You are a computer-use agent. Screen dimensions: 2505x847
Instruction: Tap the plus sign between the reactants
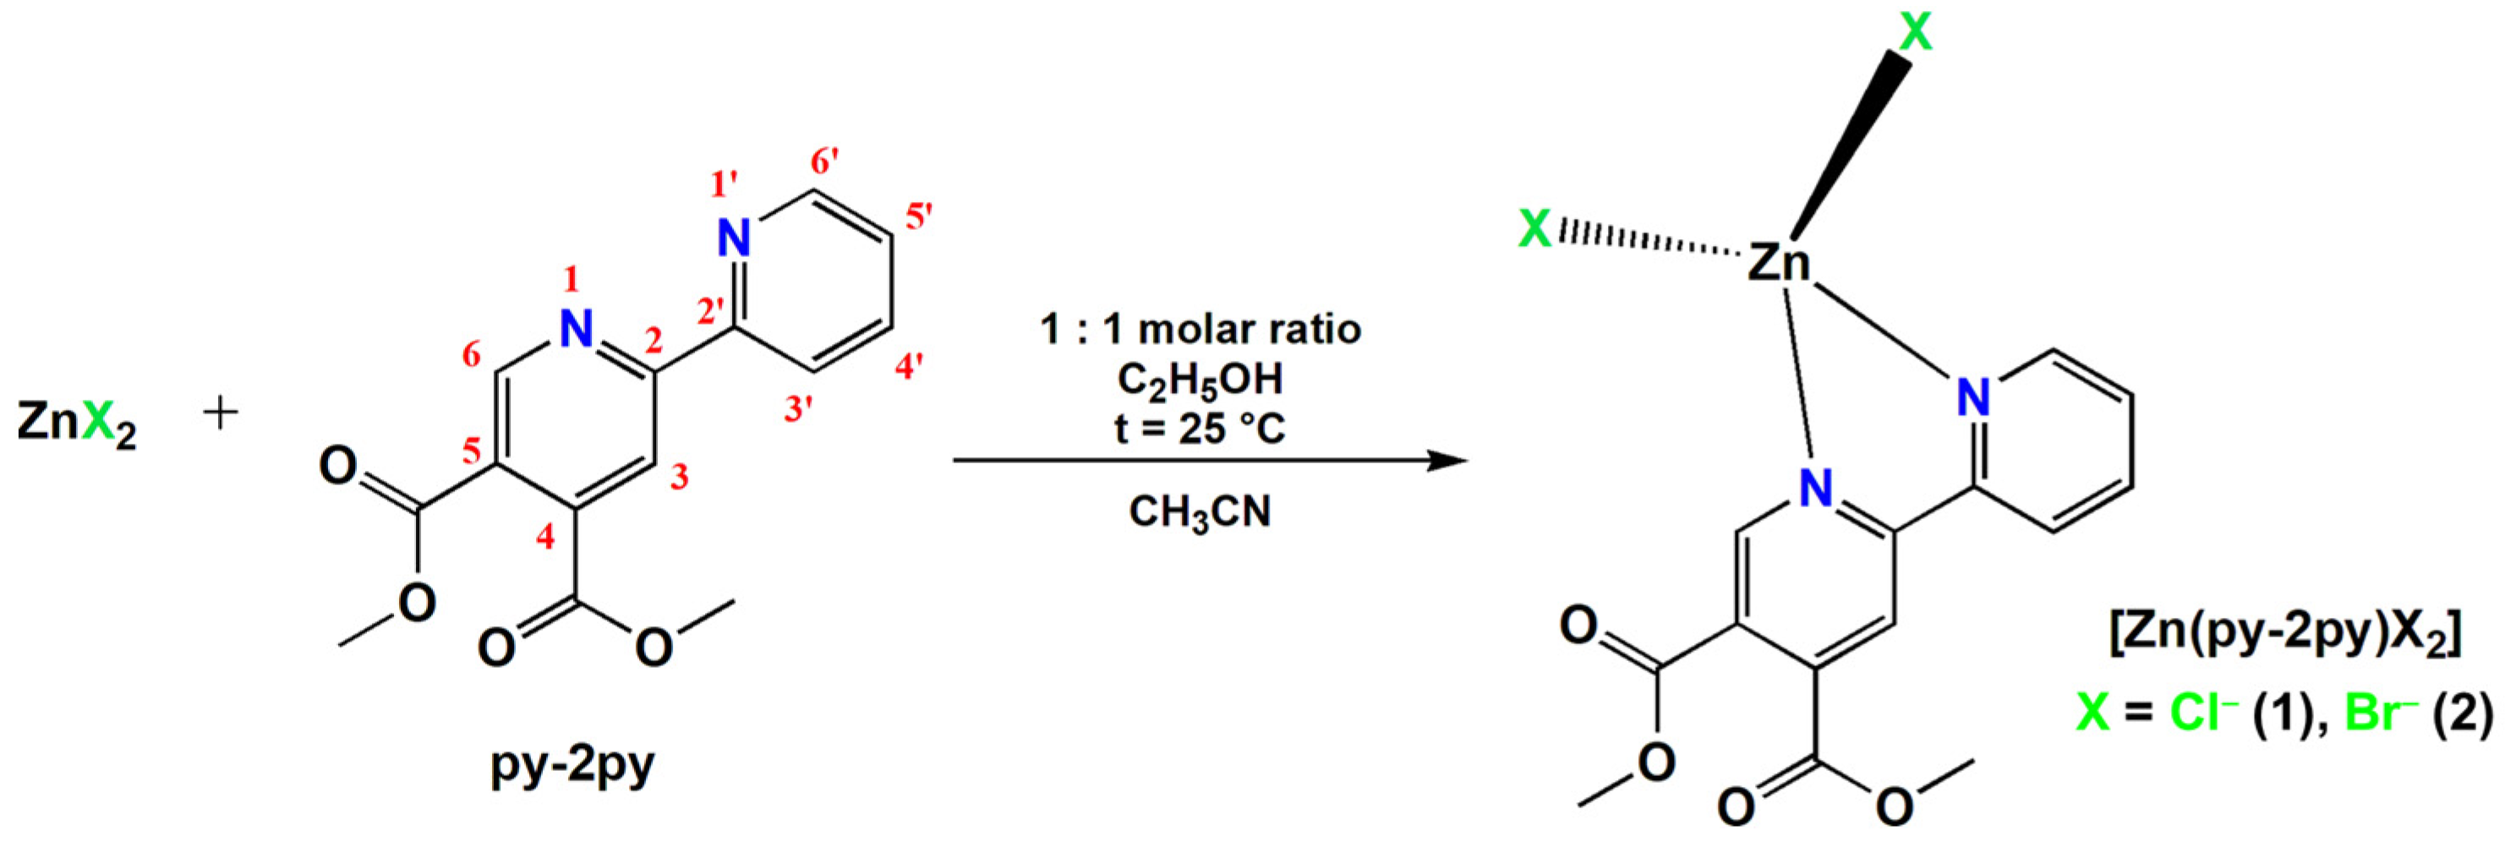tap(221, 414)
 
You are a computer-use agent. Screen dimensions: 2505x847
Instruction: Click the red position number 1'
tap(725, 183)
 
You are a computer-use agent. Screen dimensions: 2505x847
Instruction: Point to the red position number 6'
tap(824, 162)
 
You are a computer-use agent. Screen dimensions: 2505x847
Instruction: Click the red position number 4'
tap(909, 368)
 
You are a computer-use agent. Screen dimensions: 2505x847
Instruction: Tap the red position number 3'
tap(798, 409)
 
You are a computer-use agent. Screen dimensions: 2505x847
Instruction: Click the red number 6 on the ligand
tap(472, 356)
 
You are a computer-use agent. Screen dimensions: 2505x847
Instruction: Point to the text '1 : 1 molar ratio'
tap(1200, 329)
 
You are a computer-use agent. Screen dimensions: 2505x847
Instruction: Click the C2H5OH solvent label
tap(1200, 380)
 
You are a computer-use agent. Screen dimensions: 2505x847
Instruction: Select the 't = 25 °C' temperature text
tap(1200, 427)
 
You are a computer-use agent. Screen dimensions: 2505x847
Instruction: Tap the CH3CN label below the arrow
tap(1200, 511)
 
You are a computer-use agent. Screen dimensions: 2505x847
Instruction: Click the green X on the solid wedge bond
tap(1916, 33)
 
